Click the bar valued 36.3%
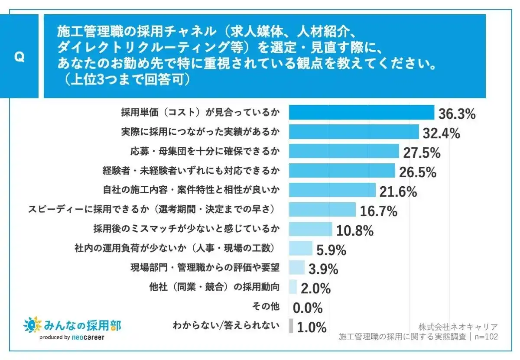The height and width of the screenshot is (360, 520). click(361, 113)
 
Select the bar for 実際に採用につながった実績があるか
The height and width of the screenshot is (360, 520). click(354, 132)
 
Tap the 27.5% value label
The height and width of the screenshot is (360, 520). click(422, 152)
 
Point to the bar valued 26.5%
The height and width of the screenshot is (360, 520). click(342, 171)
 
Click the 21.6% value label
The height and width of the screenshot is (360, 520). click(398, 191)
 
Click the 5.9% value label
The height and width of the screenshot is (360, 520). click(331, 250)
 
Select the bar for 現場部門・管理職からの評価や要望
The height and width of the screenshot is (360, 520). click(297, 268)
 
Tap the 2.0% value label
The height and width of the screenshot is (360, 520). click(316, 288)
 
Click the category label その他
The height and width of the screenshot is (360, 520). click(266, 307)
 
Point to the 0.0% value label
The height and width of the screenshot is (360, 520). click(308, 308)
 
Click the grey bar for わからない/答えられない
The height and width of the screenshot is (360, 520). click(291, 326)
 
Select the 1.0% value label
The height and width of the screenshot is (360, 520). click(312, 328)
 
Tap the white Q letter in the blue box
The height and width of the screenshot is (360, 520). click(19, 57)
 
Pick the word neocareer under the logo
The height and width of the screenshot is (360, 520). click(88, 337)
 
